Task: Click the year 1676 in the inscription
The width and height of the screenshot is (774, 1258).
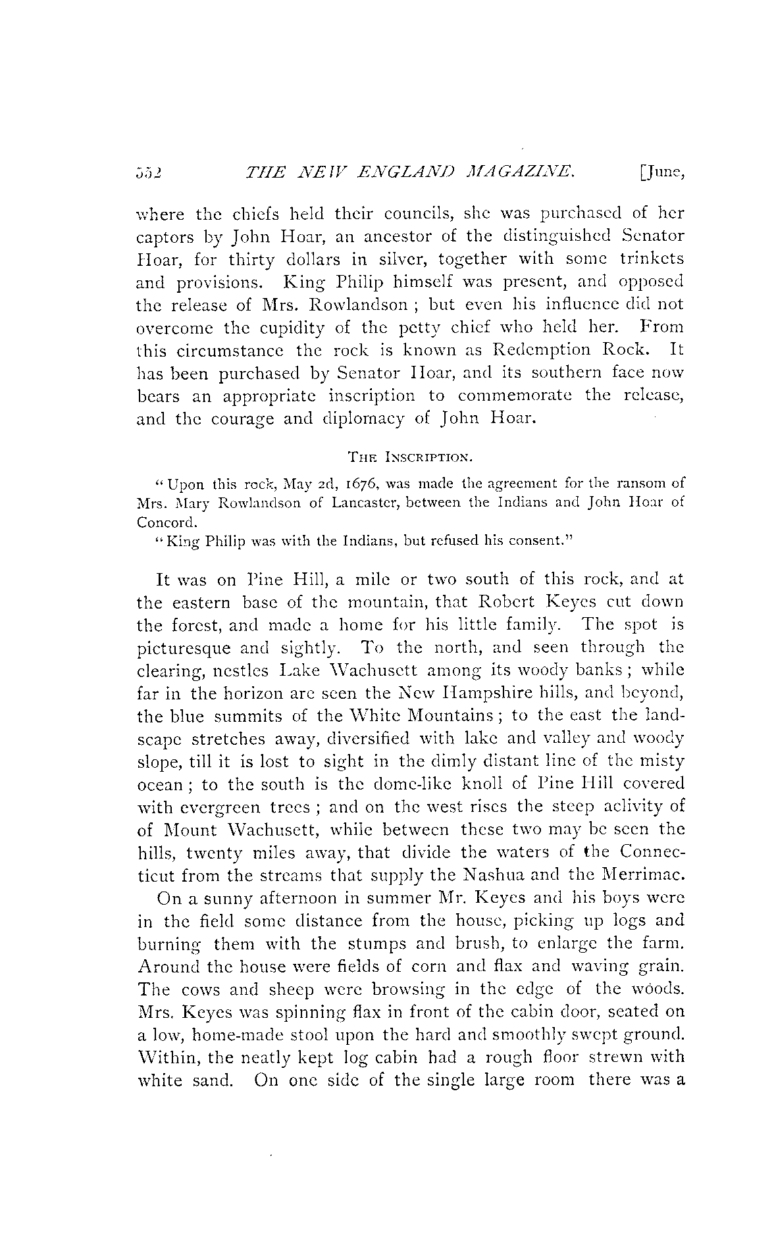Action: coord(363,484)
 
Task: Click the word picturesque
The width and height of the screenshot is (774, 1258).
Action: coord(184,648)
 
